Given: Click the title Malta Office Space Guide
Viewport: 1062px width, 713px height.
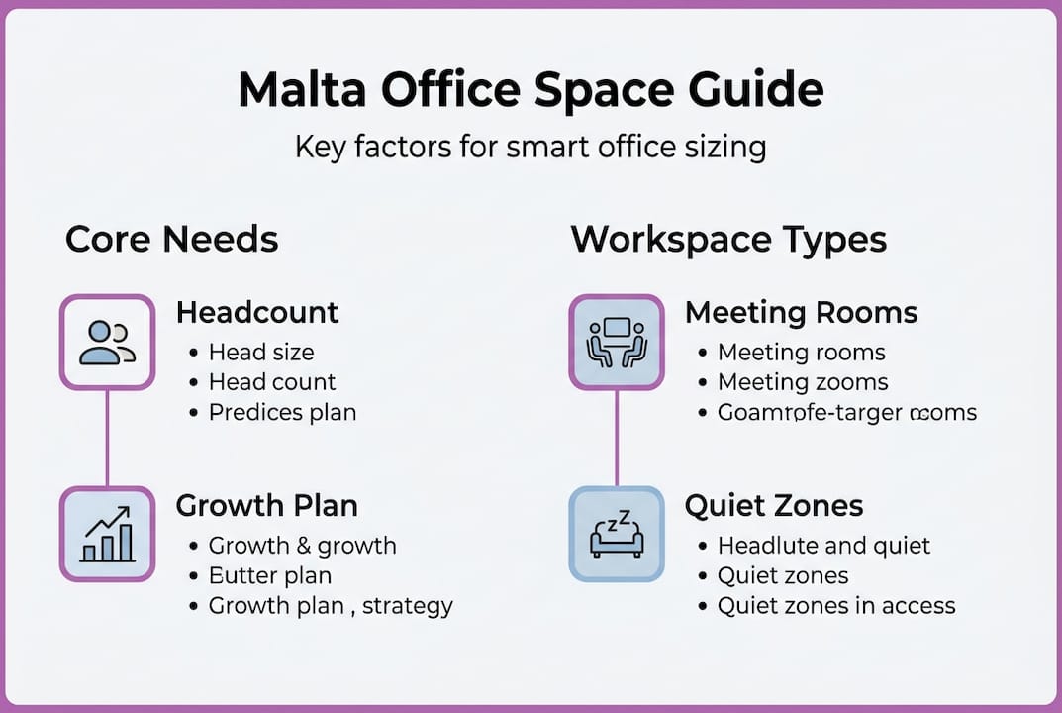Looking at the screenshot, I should click(x=531, y=90).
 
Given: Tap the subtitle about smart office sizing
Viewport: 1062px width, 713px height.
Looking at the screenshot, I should click(x=531, y=148).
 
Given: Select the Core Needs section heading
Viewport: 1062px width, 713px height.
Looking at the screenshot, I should click(x=171, y=240).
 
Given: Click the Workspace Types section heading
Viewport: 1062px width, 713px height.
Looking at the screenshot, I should click(x=728, y=240).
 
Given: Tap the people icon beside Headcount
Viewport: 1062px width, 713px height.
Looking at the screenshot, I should click(x=107, y=342).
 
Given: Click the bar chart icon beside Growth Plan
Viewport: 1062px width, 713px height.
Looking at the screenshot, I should click(x=107, y=534).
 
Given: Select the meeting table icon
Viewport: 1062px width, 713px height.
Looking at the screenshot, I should click(x=616, y=342).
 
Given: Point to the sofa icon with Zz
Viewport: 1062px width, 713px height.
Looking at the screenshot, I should click(x=616, y=534).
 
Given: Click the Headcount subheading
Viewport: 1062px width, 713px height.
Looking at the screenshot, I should click(x=257, y=313).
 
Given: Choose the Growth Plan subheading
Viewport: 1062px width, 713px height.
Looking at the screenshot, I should click(x=266, y=506).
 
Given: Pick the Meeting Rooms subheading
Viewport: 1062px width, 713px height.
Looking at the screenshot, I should click(x=801, y=313).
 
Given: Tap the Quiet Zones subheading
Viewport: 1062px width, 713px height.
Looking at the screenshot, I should click(x=774, y=506).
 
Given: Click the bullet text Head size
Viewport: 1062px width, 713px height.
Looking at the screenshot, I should click(x=261, y=353).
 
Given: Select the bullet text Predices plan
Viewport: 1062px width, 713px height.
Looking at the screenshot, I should click(x=282, y=412).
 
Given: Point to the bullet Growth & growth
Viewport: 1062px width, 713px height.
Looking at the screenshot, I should click(x=302, y=546).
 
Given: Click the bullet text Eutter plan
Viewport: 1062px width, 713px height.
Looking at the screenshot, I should click(x=269, y=575).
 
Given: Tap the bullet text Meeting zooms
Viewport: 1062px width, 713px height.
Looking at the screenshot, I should click(x=803, y=382).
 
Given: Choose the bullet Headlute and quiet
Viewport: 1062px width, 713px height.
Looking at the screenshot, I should click(x=823, y=546).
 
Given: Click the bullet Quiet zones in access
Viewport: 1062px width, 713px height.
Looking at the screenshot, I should click(x=836, y=605).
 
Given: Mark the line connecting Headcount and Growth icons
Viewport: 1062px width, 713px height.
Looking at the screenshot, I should click(x=107, y=438).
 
